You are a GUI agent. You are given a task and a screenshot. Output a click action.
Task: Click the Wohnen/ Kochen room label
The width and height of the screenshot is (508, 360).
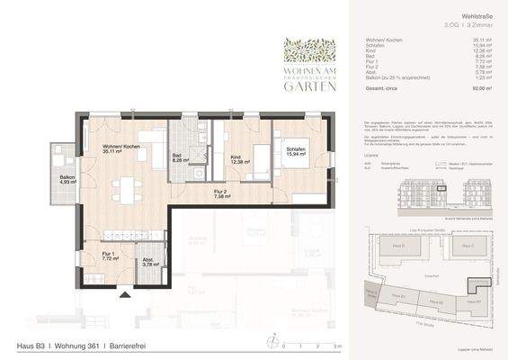click(119, 148)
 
